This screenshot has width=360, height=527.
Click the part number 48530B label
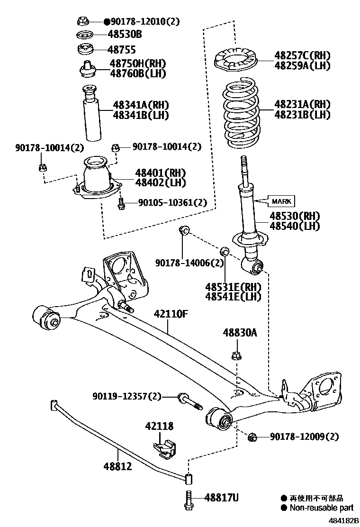tap(125, 35)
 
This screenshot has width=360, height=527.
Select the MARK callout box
tap(281, 201)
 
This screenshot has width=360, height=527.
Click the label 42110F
tap(170, 314)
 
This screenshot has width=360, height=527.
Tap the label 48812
tap(117, 467)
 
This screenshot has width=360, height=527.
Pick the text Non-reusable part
tap(321, 508)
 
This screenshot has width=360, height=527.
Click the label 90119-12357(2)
tap(126, 396)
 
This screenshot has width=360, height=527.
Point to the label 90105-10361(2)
tap(172, 202)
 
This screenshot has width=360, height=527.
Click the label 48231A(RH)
tap(295, 104)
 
